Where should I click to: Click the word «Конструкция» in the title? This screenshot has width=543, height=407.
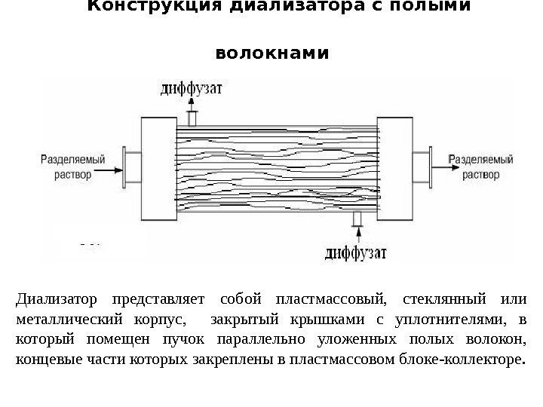click(x=132, y=7)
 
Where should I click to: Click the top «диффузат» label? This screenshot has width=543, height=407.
click(x=192, y=90)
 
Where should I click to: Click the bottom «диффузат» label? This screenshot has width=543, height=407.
click(x=356, y=251)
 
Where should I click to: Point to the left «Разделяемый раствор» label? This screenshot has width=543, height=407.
click(x=66, y=167)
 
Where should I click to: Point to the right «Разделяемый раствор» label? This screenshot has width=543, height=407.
click(x=480, y=167)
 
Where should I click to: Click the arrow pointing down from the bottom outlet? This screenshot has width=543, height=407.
click(x=356, y=234)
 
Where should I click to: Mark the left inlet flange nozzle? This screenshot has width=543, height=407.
click(x=130, y=167)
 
